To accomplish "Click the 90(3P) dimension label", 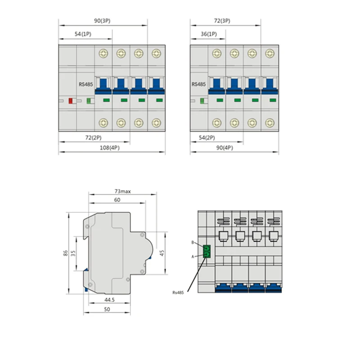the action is pos(102,21).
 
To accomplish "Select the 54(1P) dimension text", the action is pos(83,34).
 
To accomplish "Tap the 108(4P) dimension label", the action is pos(109,148).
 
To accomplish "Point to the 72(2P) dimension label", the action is pos(93,138).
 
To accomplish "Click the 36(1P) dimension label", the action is pos(209,34).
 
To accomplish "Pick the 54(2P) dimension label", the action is pos(207,138).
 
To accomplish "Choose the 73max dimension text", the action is pos(122,191).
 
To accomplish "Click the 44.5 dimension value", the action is pos(109,300).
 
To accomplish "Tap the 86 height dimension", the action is pos(65,253).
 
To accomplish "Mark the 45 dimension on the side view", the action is pos(162,253).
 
